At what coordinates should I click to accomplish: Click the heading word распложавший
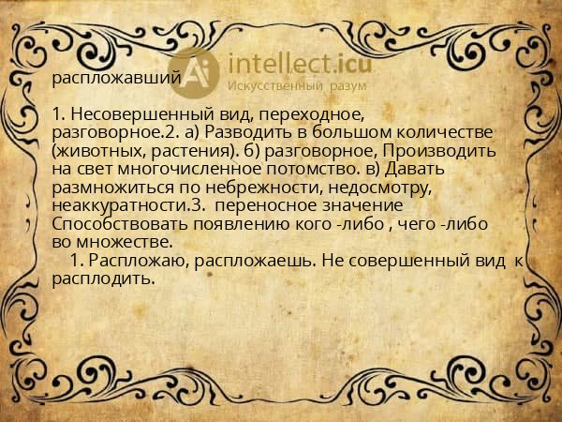116,78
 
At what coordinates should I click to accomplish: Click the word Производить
440,150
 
